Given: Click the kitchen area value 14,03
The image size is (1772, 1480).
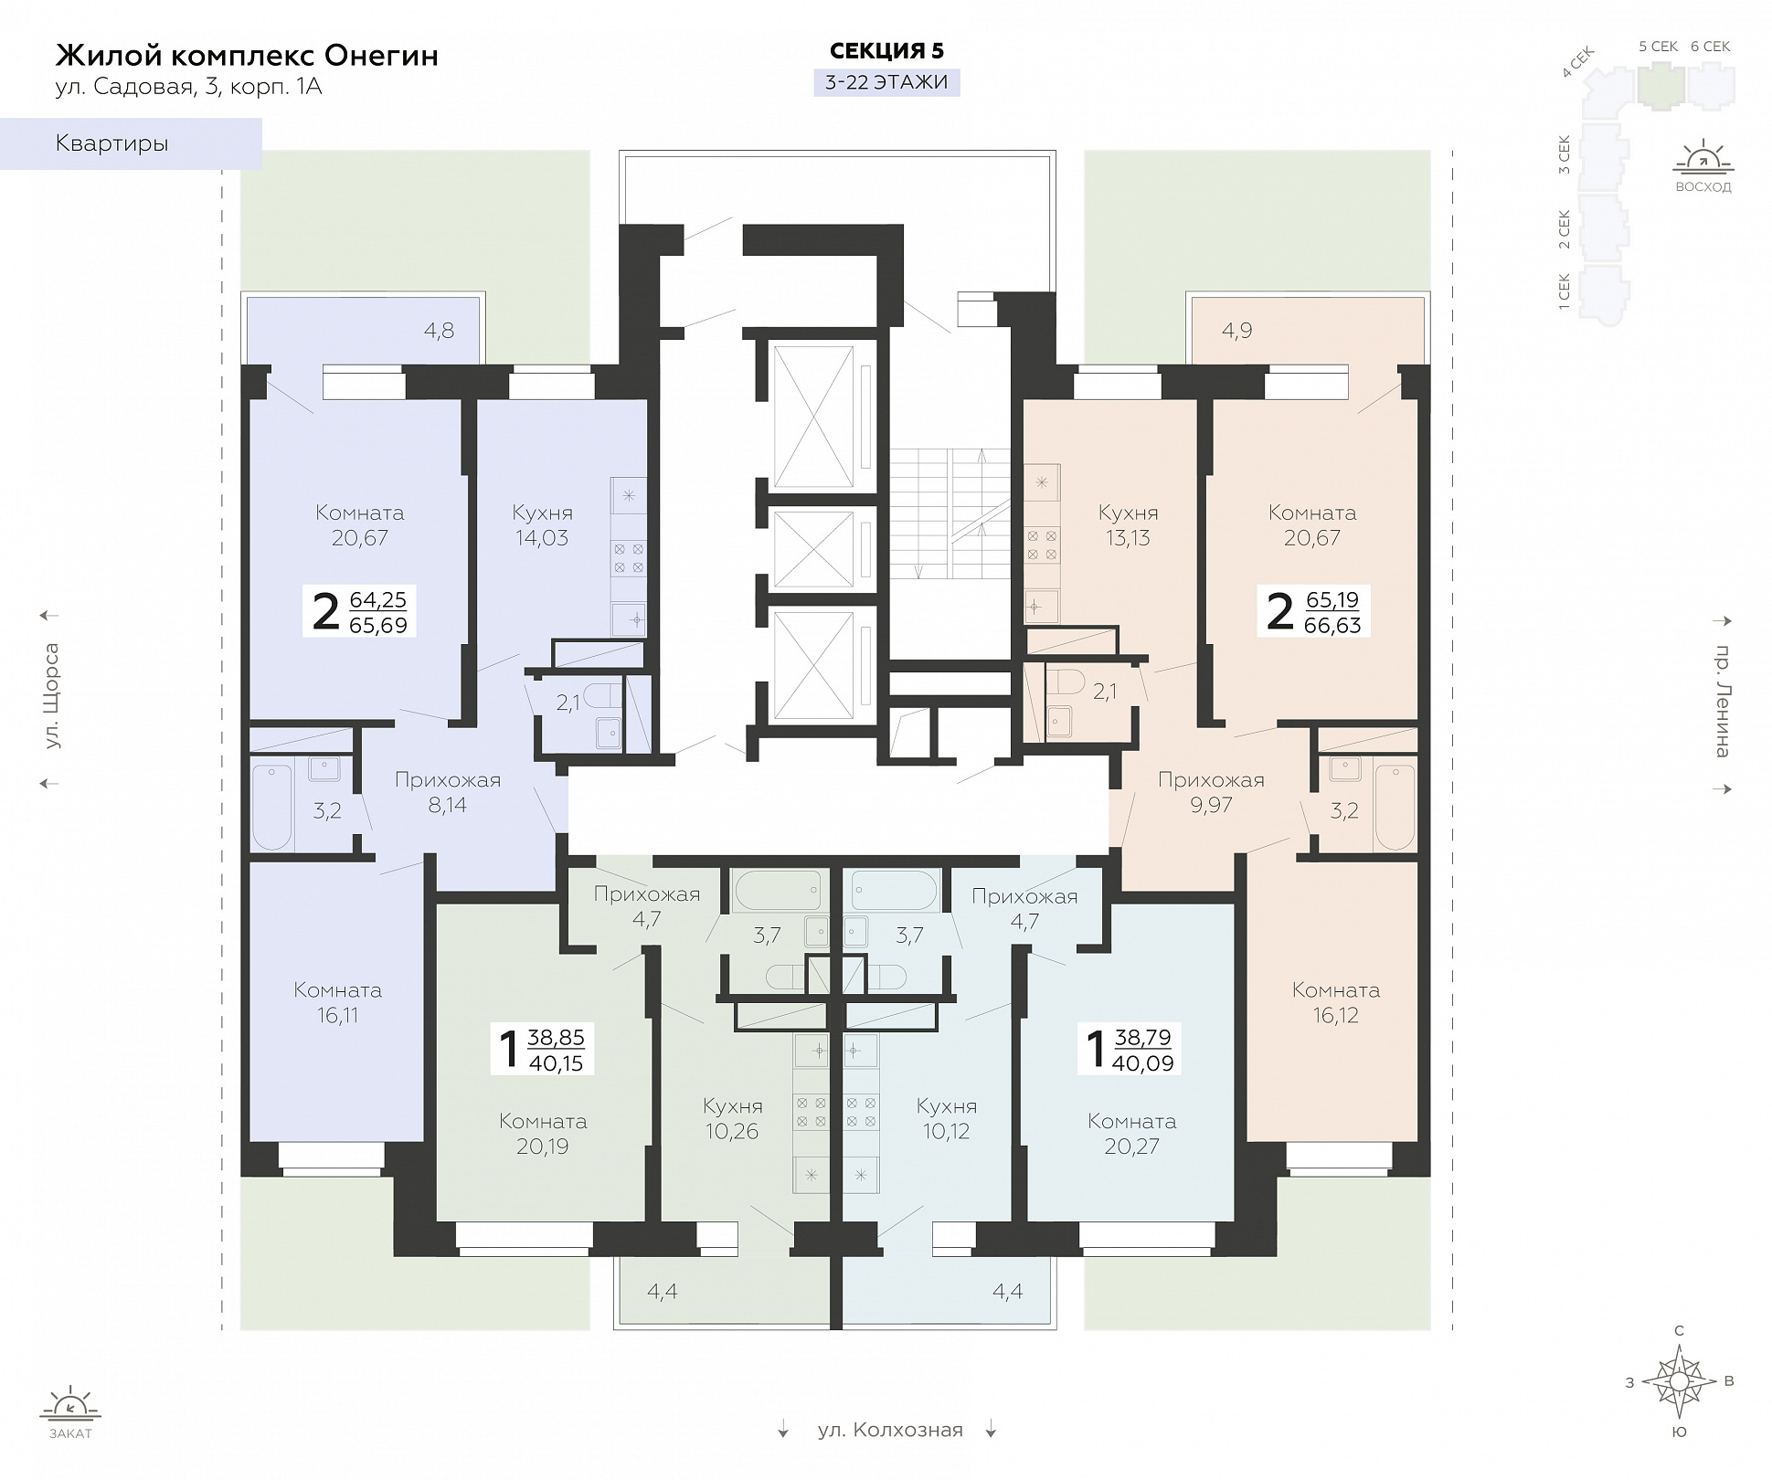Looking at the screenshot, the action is coord(542,538).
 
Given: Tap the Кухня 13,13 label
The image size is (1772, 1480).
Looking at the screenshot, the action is coord(1129,525).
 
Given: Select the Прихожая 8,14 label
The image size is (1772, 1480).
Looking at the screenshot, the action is coord(448,792).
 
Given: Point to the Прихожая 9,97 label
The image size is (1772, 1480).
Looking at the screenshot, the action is coord(1211,792).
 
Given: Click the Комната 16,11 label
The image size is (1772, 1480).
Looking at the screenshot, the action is coord(338,1002).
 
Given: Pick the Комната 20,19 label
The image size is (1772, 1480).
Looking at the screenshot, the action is coord(543,1134).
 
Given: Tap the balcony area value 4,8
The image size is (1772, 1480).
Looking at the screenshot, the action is coord(440,331).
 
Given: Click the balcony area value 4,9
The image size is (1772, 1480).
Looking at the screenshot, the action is coord(1237,331).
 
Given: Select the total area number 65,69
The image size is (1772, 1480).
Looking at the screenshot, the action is coord(378,626).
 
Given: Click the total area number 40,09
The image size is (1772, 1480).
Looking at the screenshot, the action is coord(1143,1063).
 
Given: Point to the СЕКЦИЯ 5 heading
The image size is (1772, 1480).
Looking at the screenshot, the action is coord(886,51).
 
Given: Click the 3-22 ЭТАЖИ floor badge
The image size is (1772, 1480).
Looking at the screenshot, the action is coord(886,82).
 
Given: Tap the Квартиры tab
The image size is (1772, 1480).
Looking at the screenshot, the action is coord(131,143).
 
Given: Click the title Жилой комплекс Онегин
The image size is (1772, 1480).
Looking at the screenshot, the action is coord(247,56).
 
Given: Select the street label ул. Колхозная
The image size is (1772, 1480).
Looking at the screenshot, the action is coord(890,1430).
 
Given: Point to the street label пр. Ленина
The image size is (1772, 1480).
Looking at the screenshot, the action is coord(1723,702).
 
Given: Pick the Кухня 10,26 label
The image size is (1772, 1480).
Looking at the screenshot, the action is coord(733,1118).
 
